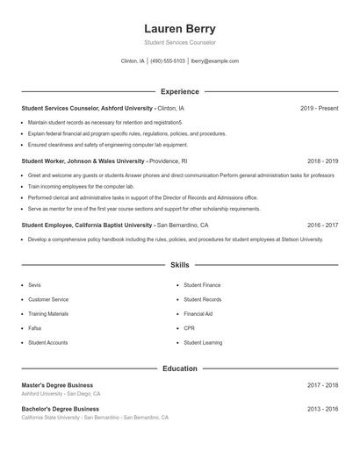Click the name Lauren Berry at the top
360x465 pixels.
[179, 28]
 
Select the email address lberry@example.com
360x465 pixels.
[214, 61]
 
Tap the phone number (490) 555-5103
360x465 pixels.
[168, 61]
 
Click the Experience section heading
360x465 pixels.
[179, 91]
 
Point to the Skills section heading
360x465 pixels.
[179, 264]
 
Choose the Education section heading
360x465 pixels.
[179, 368]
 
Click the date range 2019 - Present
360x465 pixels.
[319, 108]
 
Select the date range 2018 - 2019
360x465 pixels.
[322, 161]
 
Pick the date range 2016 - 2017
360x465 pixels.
[322, 225]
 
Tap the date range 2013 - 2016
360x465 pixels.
[322, 409]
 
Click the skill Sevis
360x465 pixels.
[34, 285]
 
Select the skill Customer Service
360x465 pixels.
[47, 299]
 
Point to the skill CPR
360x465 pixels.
[189, 328]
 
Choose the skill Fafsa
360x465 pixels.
[35, 328]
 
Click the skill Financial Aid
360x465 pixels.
[198, 313]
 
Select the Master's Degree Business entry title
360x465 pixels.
[57, 385]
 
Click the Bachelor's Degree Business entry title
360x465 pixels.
[60, 409]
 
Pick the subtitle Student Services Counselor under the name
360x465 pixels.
[179, 42]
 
